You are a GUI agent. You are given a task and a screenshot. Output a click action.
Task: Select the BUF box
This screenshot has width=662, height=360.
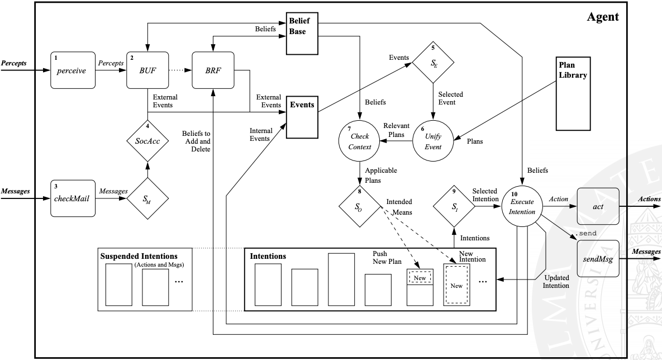pos(146,72)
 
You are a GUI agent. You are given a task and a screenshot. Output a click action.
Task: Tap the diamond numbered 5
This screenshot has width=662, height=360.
pos(434,63)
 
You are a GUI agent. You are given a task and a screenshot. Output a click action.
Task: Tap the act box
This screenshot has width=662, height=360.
pos(598,206)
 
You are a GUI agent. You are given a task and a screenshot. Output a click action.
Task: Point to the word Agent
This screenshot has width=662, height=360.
pos(603,17)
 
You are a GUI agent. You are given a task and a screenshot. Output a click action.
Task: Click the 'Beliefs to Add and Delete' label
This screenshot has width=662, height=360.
pos(196,141)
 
